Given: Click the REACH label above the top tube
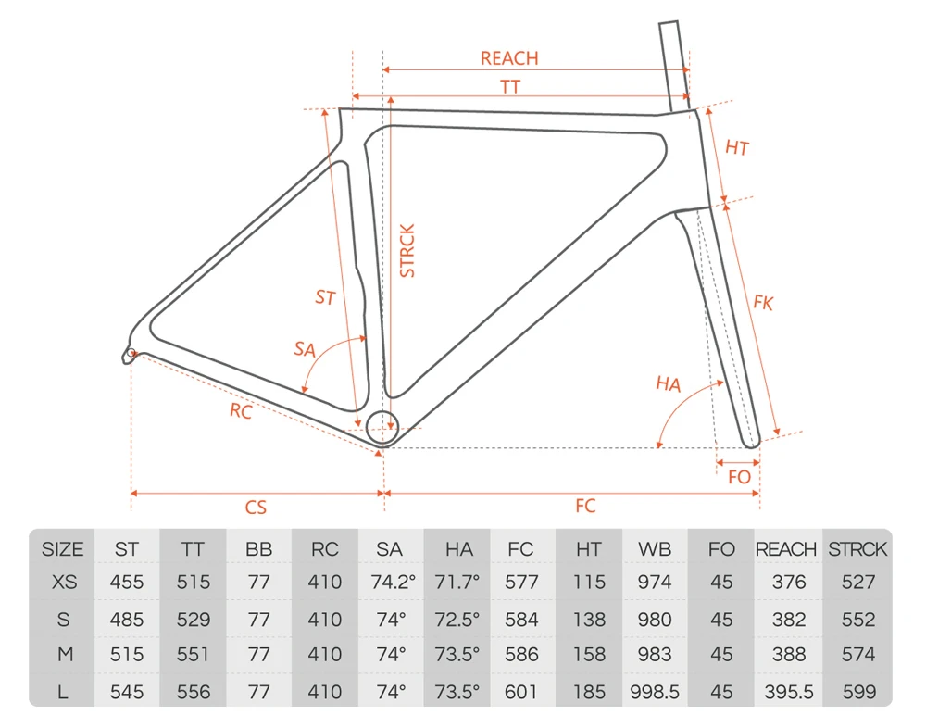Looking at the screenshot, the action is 509,58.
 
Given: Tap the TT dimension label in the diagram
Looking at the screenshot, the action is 510,87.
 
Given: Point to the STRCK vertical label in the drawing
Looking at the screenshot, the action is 407,251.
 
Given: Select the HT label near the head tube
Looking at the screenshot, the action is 737,147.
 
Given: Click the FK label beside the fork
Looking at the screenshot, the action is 763,303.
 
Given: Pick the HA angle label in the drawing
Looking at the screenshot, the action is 669,384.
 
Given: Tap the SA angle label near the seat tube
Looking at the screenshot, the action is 305,349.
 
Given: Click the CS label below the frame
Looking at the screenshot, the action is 256,508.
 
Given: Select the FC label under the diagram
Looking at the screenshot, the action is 585,506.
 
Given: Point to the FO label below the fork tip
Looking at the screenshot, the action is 739,477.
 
